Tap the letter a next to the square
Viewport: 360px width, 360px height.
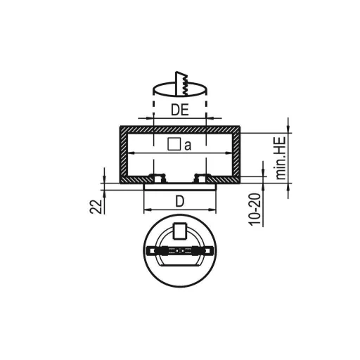[x=188, y=146]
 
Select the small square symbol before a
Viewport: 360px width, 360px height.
[x=174, y=145]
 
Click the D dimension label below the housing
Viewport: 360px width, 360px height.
[x=180, y=201]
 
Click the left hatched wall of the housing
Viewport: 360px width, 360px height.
[x=122, y=155]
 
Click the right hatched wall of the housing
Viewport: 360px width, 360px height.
[x=238, y=155]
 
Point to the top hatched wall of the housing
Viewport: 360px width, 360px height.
[x=180, y=129]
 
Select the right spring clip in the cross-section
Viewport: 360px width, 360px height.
[x=202, y=176]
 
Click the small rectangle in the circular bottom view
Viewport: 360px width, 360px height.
[x=180, y=231]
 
